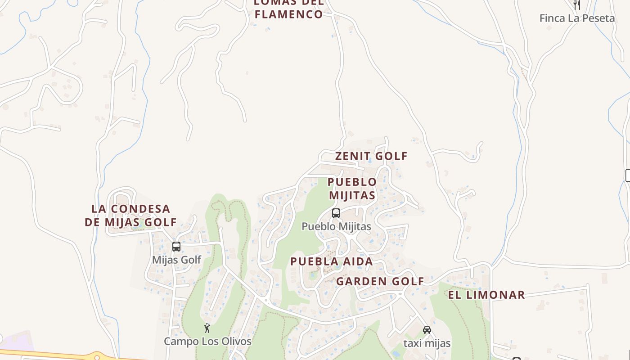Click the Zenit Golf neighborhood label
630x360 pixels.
[371, 156]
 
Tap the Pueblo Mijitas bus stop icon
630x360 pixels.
[336, 213]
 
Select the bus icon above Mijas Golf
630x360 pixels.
[176, 247]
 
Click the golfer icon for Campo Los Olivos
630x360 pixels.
[207, 328]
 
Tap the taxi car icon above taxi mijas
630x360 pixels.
[427, 330]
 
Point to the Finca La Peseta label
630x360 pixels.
[577, 18]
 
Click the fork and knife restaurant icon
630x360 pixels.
[577, 4]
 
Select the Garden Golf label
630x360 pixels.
[380, 282]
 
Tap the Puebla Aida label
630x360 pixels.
[332, 261]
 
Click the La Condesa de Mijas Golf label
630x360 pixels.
[131, 216]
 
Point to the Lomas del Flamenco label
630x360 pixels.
[289, 9]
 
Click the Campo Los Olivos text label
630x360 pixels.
[207, 342]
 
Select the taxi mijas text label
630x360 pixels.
[427, 343]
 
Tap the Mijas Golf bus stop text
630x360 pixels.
[176, 260]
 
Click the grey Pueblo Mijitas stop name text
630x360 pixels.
[336, 226]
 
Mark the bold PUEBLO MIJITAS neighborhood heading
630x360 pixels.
[352, 189]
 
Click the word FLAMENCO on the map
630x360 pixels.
[289, 14]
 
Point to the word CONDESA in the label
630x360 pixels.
[141, 209]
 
